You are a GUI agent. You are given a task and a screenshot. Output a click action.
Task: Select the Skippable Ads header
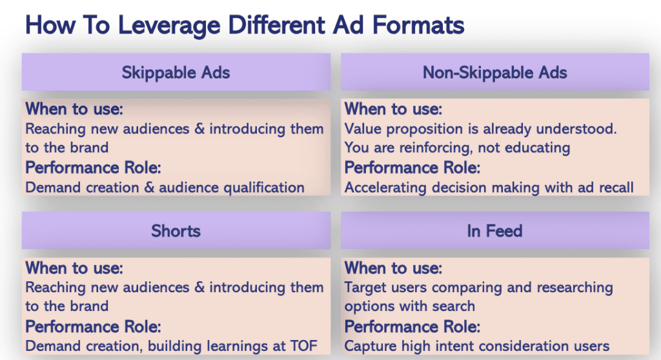click(176, 72)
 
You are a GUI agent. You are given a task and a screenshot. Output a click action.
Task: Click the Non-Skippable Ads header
click(495, 72)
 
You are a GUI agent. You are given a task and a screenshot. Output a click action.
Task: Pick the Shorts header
click(176, 230)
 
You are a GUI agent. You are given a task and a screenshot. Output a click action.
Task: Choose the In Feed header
click(495, 230)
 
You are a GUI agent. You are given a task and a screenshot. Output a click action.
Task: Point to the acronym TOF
click(303, 346)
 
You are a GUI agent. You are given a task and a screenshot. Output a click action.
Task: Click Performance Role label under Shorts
click(93, 326)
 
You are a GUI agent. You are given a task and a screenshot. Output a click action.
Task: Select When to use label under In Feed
click(393, 268)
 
